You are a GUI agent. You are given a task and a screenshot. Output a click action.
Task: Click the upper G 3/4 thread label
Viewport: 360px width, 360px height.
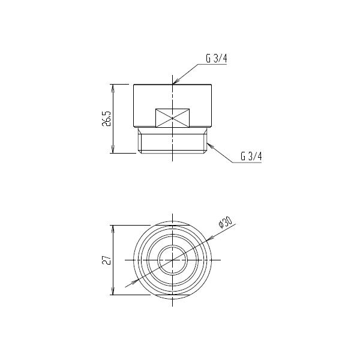point(216,58)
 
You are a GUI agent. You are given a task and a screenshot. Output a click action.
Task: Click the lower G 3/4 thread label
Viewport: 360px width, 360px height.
point(251,156)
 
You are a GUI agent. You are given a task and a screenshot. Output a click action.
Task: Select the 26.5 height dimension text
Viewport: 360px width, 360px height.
point(107,119)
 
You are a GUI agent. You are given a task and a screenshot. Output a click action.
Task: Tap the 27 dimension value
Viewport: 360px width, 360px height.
point(107,260)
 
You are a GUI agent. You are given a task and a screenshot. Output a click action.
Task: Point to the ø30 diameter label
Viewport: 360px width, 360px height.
point(225,222)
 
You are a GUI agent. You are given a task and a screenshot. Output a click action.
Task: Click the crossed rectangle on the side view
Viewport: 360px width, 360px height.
point(172,118)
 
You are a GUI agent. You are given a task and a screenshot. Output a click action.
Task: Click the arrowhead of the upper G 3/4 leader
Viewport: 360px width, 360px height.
point(176,82)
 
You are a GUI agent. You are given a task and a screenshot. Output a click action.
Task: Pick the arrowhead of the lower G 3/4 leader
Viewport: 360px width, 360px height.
point(210,145)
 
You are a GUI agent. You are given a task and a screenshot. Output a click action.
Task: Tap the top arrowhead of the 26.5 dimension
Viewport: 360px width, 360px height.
point(113,88)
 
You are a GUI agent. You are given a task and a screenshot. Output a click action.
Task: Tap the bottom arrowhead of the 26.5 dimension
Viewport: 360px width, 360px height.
point(113,149)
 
